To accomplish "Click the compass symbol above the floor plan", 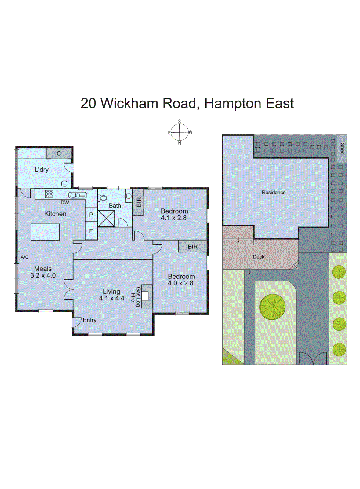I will (x=180, y=132).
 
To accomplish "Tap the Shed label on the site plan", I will (x=342, y=149).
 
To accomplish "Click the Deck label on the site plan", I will (x=258, y=257).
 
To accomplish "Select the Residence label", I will (x=274, y=192).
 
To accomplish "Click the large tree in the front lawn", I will (x=272, y=307).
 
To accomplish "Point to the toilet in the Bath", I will (x=103, y=198).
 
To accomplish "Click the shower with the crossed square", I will (x=106, y=218).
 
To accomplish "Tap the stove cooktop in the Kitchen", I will (x=49, y=194).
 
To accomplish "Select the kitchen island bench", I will (x=45, y=232).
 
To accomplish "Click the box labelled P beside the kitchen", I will (x=91, y=215).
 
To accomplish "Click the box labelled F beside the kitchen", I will (x=91, y=231).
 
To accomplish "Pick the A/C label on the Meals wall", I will (x=24, y=257).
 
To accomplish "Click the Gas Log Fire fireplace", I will (x=145, y=296).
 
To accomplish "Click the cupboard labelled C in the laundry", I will (x=59, y=153).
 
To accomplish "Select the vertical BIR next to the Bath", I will (x=138, y=202).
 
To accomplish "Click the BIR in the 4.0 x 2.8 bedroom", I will (x=192, y=247).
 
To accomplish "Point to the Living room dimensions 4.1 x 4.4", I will (x=111, y=298).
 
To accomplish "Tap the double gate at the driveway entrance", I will (x=313, y=358).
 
